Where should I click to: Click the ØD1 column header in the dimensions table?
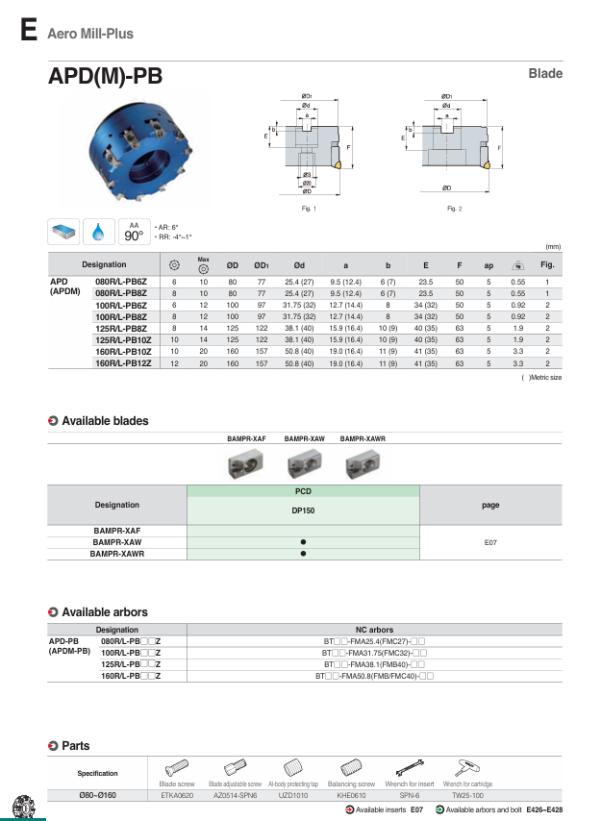point(260,264)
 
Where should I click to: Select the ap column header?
point(488,264)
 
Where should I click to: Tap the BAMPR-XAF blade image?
point(245,465)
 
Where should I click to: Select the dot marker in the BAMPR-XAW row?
point(303,542)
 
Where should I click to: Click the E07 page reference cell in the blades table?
point(490,542)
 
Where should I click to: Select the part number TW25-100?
point(468,796)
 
